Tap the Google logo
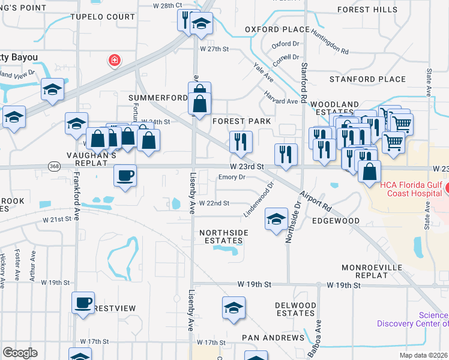click(x=20, y=353)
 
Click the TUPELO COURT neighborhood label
click(x=103, y=17)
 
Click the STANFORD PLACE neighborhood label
click(x=368, y=79)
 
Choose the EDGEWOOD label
click(x=335, y=221)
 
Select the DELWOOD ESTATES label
click(x=295, y=309)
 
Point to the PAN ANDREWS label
click(x=273, y=338)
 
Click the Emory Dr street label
click(x=232, y=177)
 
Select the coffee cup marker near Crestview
click(x=83, y=302)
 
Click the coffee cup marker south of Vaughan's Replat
click(x=125, y=175)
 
